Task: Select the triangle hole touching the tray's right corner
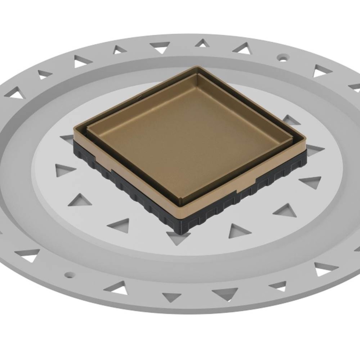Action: [314, 150]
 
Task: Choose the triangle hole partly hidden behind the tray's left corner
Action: [68, 139]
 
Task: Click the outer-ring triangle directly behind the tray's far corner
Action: [202, 43]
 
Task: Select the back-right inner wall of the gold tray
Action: [249, 104]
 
